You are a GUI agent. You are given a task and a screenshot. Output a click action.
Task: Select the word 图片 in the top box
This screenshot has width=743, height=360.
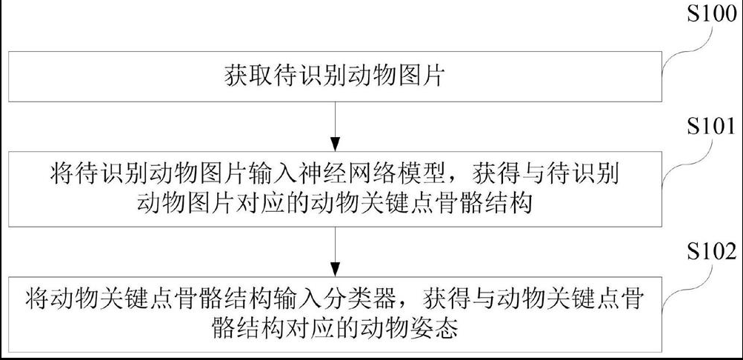(x=422, y=76)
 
